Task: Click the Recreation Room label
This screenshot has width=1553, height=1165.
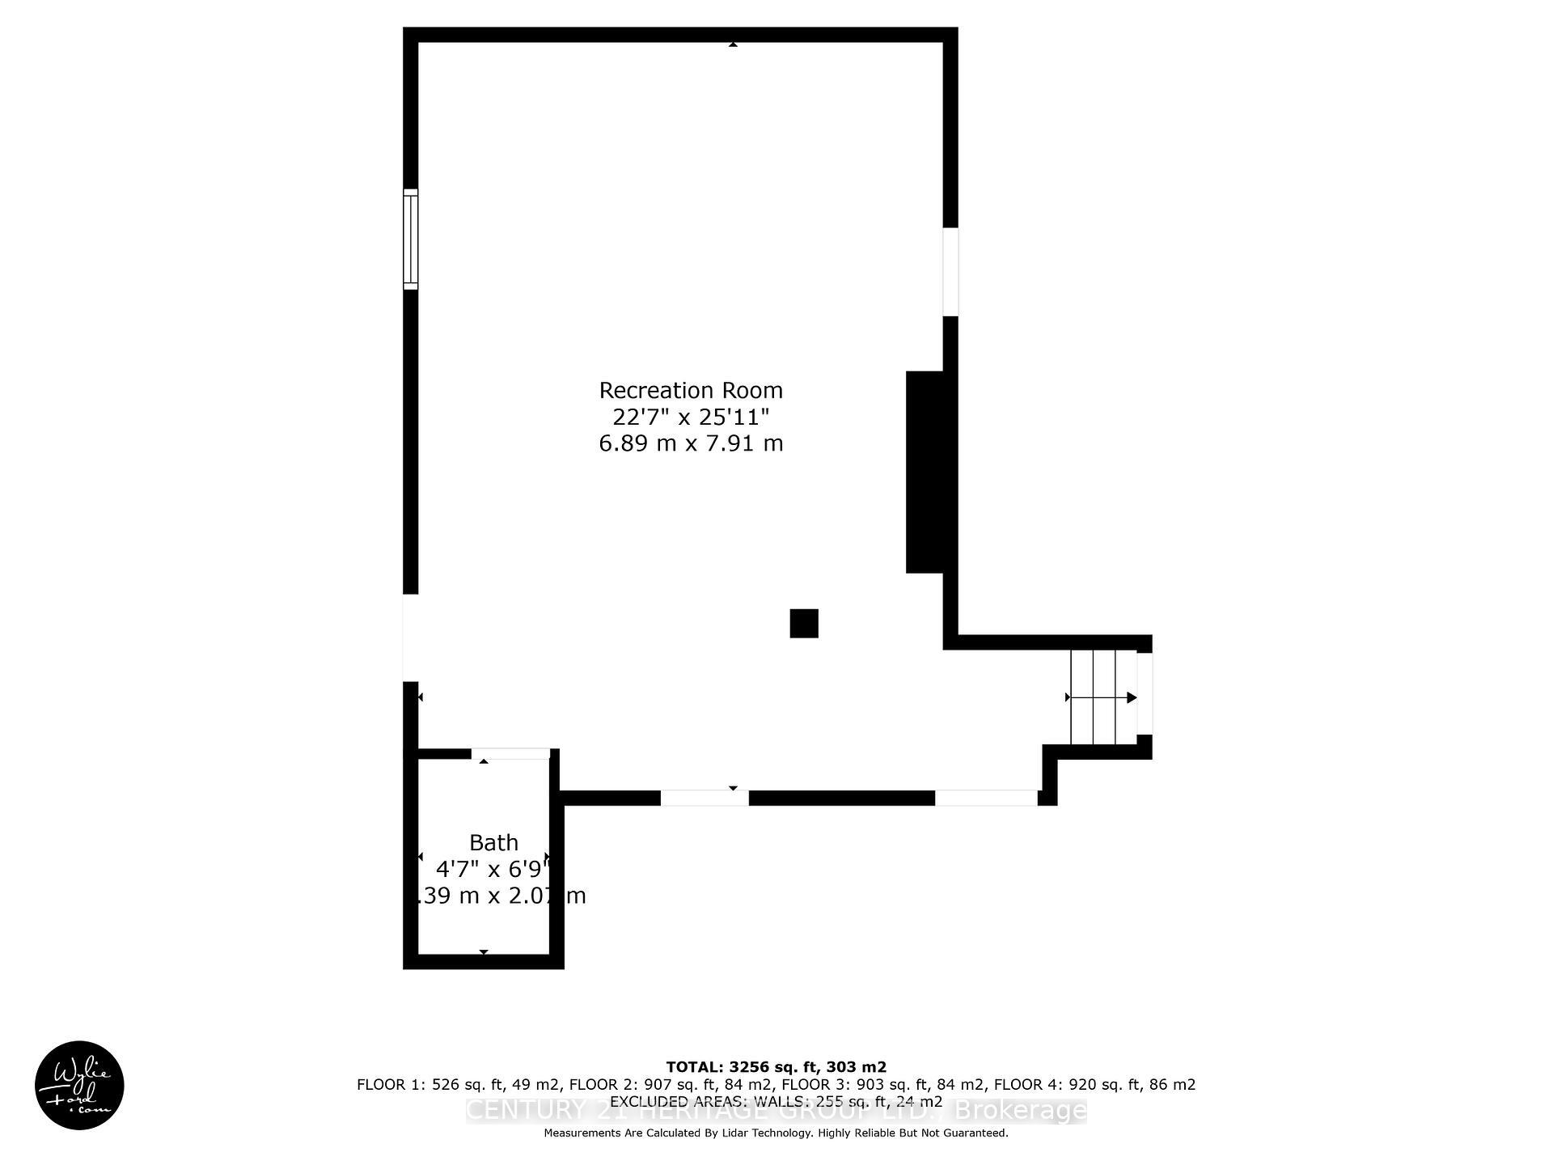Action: point(691,391)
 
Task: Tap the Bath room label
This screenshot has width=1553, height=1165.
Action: point(493,843)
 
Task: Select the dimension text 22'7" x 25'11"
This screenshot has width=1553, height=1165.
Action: point(691,417)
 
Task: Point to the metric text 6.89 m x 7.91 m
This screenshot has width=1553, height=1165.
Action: point(691,443)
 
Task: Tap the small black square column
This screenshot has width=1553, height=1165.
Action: point(804,624)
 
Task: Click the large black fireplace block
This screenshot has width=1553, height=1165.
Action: point(925,472)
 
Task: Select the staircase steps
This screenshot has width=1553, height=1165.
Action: point(1103,697)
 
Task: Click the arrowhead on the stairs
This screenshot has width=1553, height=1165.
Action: point(1132,697)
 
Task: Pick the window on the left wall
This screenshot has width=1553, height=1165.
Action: point(411,239)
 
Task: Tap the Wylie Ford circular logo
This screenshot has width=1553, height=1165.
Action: point(79,1085)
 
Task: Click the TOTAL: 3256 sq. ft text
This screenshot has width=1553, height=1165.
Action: point(776,1067)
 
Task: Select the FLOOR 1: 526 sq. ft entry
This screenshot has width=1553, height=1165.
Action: point(460,1085)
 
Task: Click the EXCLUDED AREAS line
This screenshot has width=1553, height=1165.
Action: point(776,1102)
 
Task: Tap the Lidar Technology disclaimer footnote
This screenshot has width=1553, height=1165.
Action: point(776,1133)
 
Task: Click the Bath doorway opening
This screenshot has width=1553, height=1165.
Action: point(510,754)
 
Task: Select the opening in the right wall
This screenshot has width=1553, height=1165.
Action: point(950,272)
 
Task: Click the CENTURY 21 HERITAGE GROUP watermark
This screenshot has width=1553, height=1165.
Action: point(776,1112)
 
